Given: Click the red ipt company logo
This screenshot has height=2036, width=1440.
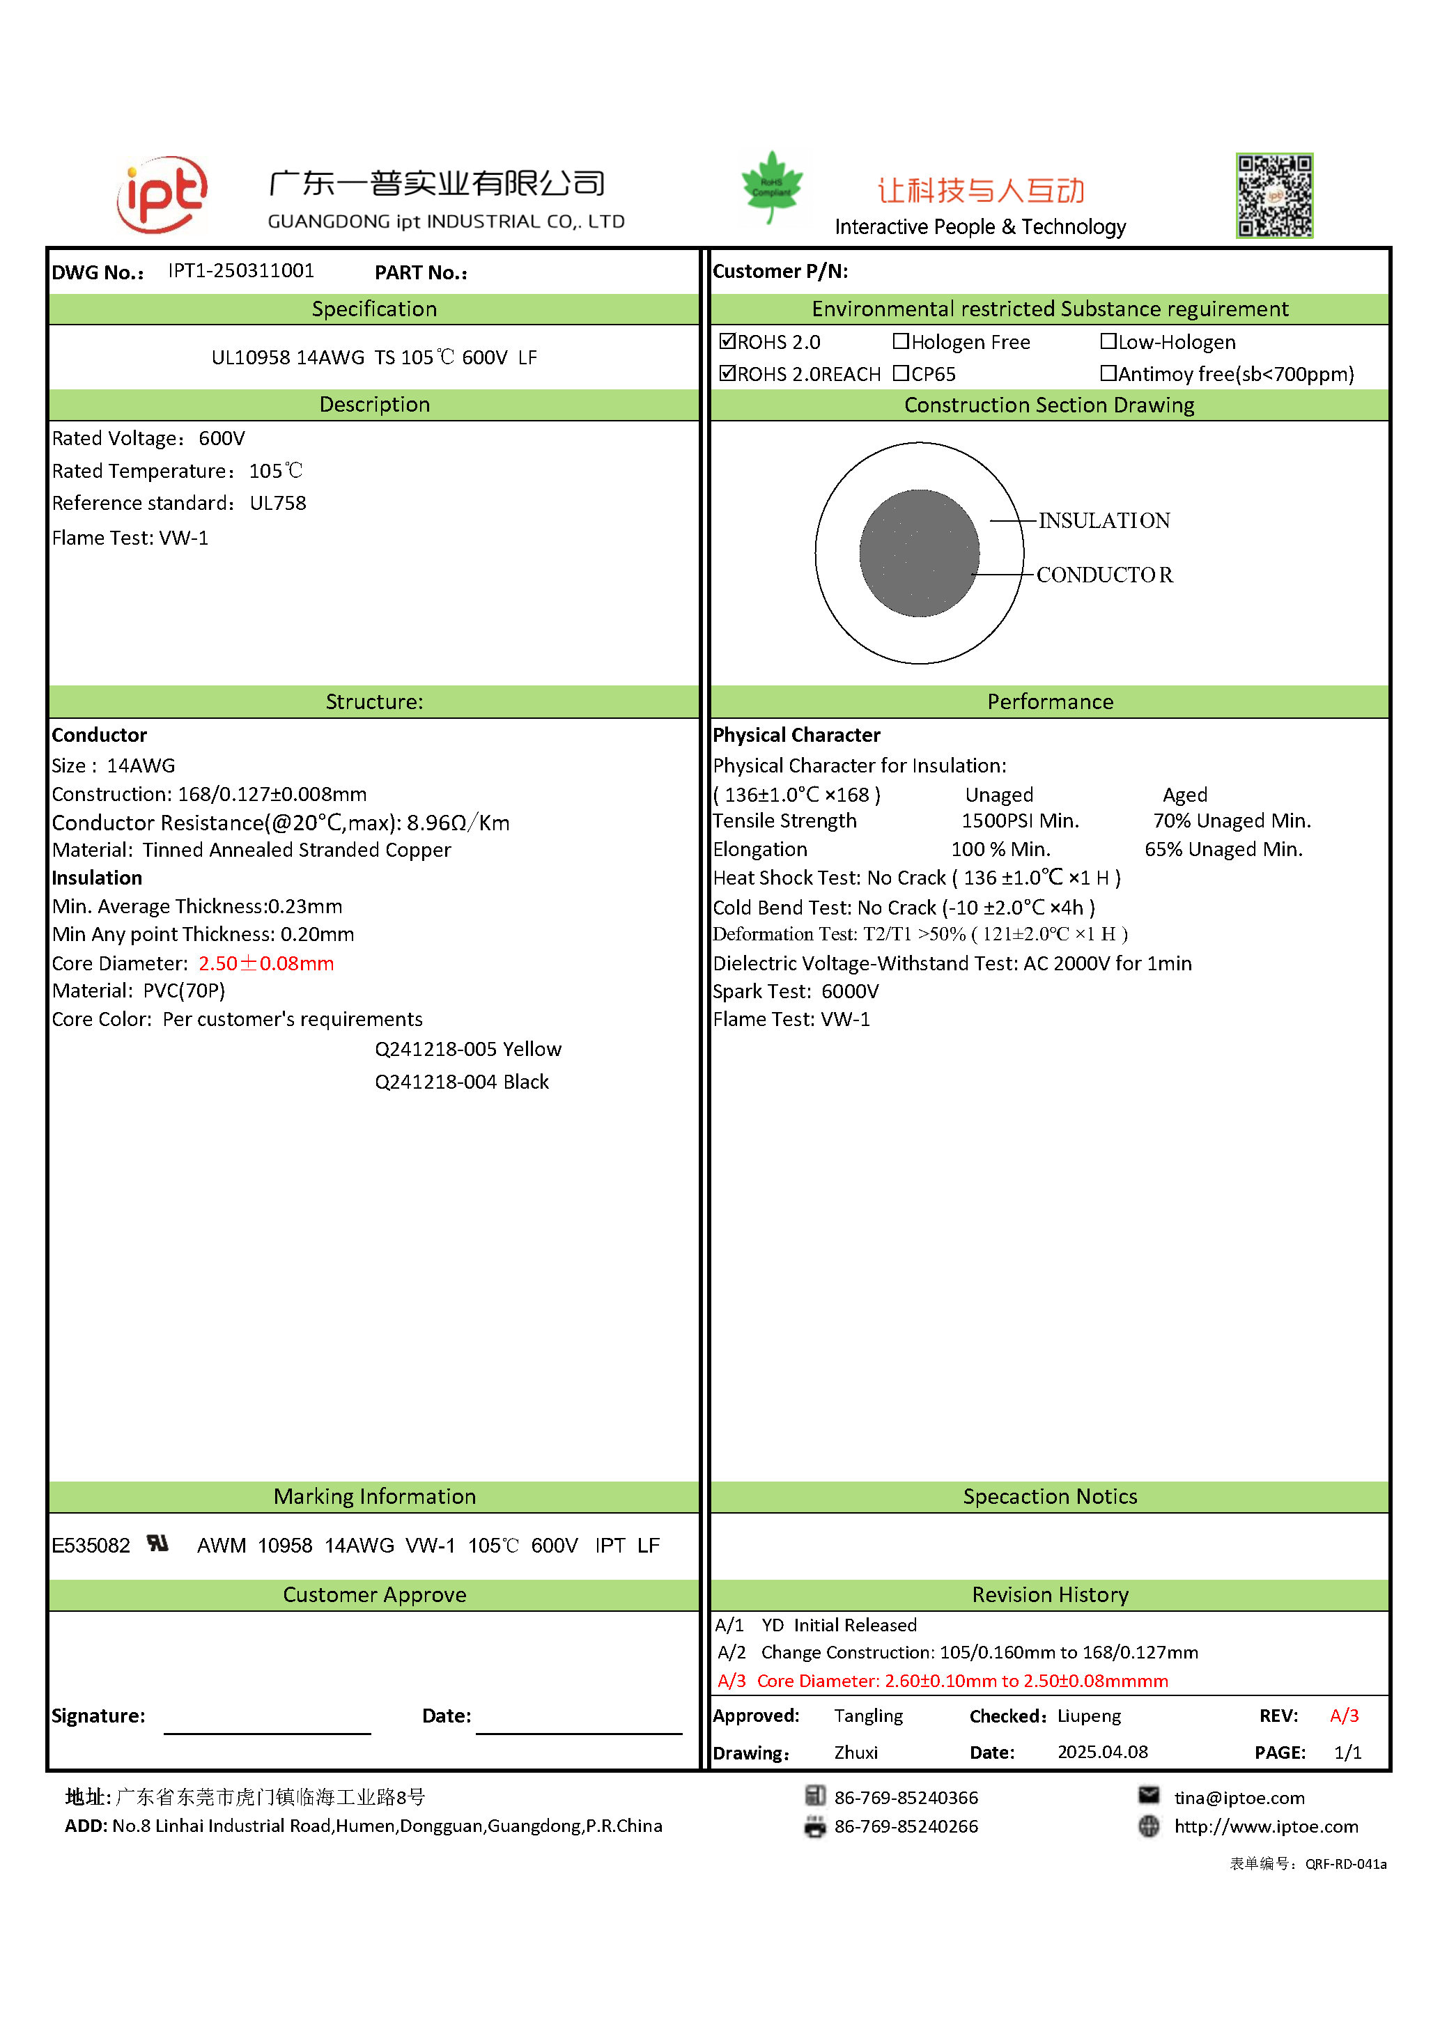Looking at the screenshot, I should pyautogui.click(x=162, y=194).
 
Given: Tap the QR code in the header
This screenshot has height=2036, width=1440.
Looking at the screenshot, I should pyautogui.click(x=1274, y=195).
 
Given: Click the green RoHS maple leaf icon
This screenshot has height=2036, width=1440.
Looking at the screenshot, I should pyautogui.click(x=771, y=185).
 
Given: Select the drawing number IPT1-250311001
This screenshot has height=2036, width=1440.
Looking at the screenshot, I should pyautogui.click(x=241, y=270).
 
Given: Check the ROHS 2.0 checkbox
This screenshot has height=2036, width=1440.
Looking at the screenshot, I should pyautogui.click(x=728, y=341).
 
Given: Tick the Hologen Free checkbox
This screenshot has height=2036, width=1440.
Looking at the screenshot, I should pyautogui.click(x=901, y=341).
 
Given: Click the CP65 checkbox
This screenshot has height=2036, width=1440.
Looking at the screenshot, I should pyautogui.click(x=901, y=373).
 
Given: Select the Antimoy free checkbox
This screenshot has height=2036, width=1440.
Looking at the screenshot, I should pyautogui.click(x=1108, y=373).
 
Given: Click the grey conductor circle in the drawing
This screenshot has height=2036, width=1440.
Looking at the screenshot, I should pyautogui.click(x=919, y=552).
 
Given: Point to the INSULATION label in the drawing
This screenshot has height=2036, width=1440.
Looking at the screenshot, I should pyautogui.click(x=1104, y=520).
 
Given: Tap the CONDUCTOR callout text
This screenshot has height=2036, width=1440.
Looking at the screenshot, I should pyautogui.click(x=1104, y=575).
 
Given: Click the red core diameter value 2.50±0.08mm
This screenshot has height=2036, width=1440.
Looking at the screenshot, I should pyautogui.click(x=266, y=963).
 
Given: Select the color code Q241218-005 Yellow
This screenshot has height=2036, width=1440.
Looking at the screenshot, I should pyautogui.click(x=468, y=1049).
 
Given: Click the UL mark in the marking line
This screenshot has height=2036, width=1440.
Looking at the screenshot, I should pyautogui.click(x=158, y=1544).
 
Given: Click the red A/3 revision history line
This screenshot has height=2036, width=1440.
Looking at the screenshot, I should pyautogui.click(x=943, y=1680).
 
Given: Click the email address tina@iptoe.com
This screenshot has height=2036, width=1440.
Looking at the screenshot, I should pyautogui.click(x=1239, y=1798).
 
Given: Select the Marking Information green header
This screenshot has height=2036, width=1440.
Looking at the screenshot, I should pyautogui.click(x=374, y=1496).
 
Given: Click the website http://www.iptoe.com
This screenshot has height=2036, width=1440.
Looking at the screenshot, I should pyautogui.click(x=1267, y=1826).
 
